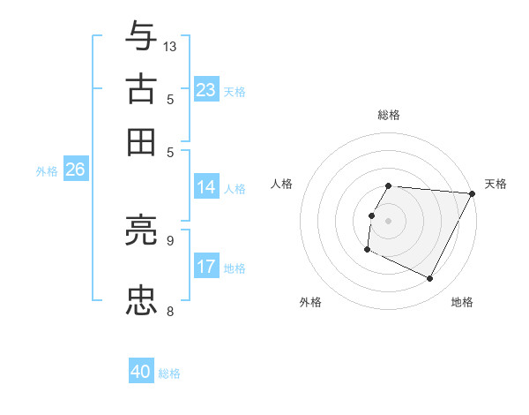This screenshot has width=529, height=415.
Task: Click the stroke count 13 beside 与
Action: click(x=170, y=46)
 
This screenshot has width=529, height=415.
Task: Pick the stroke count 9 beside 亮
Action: click(x=170, y=239)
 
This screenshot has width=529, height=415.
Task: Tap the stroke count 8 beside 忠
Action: click(x=170, y=310)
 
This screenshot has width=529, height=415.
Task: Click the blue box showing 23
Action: click(x=206, y=90)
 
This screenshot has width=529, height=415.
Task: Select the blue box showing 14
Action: click(x=206, y=187)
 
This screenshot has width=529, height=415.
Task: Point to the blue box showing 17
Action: click(x=206, y=267)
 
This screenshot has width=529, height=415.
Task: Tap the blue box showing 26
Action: click(x=75, y=170)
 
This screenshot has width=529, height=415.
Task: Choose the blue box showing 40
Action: click(x=141, y=372)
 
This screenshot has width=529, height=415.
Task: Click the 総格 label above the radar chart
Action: click(x=389, y=115)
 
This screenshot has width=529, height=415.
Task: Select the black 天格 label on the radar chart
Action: click(x=495, y=184)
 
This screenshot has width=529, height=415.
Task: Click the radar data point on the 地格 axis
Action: click(x=430, y=279)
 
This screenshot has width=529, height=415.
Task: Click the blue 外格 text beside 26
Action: click(x=47, y=171)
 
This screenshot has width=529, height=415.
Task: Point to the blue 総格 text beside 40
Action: click(x=169, y=373)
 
